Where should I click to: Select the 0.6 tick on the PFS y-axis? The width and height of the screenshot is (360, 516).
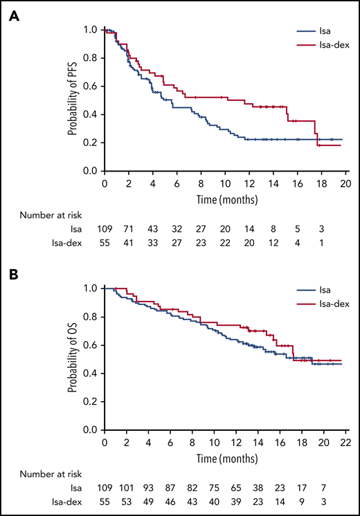(92, 86)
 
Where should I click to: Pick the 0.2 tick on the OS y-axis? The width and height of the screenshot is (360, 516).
(92, 402)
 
